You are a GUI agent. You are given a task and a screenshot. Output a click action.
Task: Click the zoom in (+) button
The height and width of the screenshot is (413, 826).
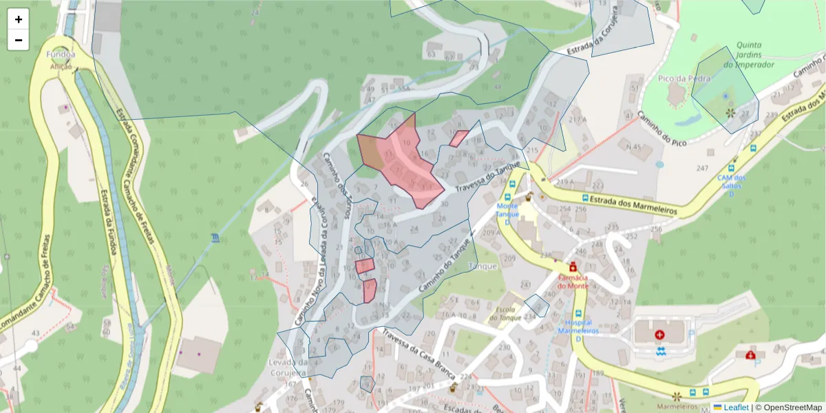(18, 19)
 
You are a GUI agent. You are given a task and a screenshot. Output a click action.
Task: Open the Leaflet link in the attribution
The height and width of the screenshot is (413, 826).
(735, 407)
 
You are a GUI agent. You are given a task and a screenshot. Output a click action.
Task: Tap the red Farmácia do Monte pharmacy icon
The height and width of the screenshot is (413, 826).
(573, 266)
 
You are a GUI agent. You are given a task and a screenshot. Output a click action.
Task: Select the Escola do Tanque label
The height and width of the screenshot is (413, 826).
(507, 313)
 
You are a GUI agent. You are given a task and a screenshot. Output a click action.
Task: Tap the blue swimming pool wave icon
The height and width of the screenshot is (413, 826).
(661, 352)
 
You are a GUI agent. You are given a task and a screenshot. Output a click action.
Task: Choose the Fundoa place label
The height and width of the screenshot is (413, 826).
(61, 54)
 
